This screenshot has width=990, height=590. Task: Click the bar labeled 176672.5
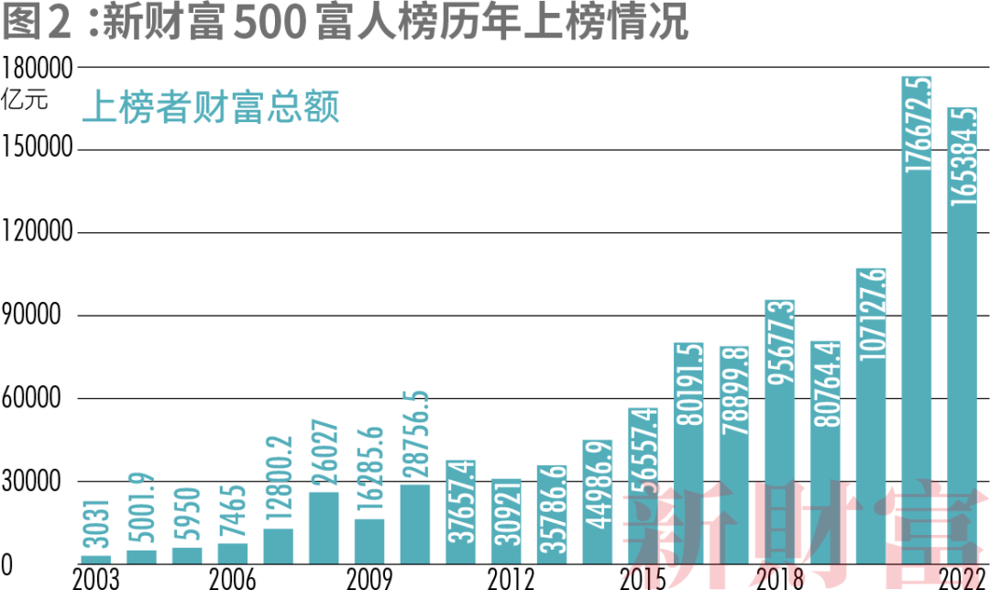(x=917, y=321)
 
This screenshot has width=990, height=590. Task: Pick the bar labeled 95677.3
(x=780, y=431)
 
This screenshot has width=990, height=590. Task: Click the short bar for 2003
(x=95, y=559)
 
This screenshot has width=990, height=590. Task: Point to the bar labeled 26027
(x=324, y=528)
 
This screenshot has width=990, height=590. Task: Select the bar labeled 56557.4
(x=643, y=485)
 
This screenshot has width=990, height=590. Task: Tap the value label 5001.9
(x=141, y=510)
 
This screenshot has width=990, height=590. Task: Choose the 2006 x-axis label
(x=232, y=578)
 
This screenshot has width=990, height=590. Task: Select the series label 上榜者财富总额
(x=211, y=108)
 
